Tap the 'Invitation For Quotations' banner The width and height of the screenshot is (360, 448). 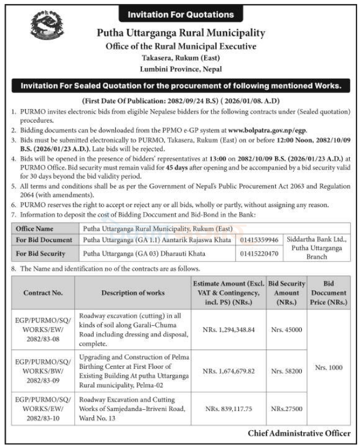(x=180, y=14)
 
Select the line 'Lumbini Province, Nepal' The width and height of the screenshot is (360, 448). (x=180, y=68)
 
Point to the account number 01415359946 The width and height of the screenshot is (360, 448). (x=260, y=240)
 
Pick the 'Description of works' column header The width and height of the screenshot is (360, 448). (x=133, y=293)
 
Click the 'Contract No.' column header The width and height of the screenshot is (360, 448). (x=43, y=293)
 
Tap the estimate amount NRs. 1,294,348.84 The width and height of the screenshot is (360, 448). (x=228, y=330)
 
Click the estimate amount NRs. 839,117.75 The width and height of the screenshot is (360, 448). (x=228, y=409)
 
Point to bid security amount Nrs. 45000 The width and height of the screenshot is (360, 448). (x=286, y=330)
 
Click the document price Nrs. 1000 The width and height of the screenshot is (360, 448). (x=329, y=368)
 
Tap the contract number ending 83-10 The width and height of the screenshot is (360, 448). (x=43, y=409)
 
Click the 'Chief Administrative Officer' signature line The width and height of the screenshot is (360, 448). (x=299, y=434)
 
